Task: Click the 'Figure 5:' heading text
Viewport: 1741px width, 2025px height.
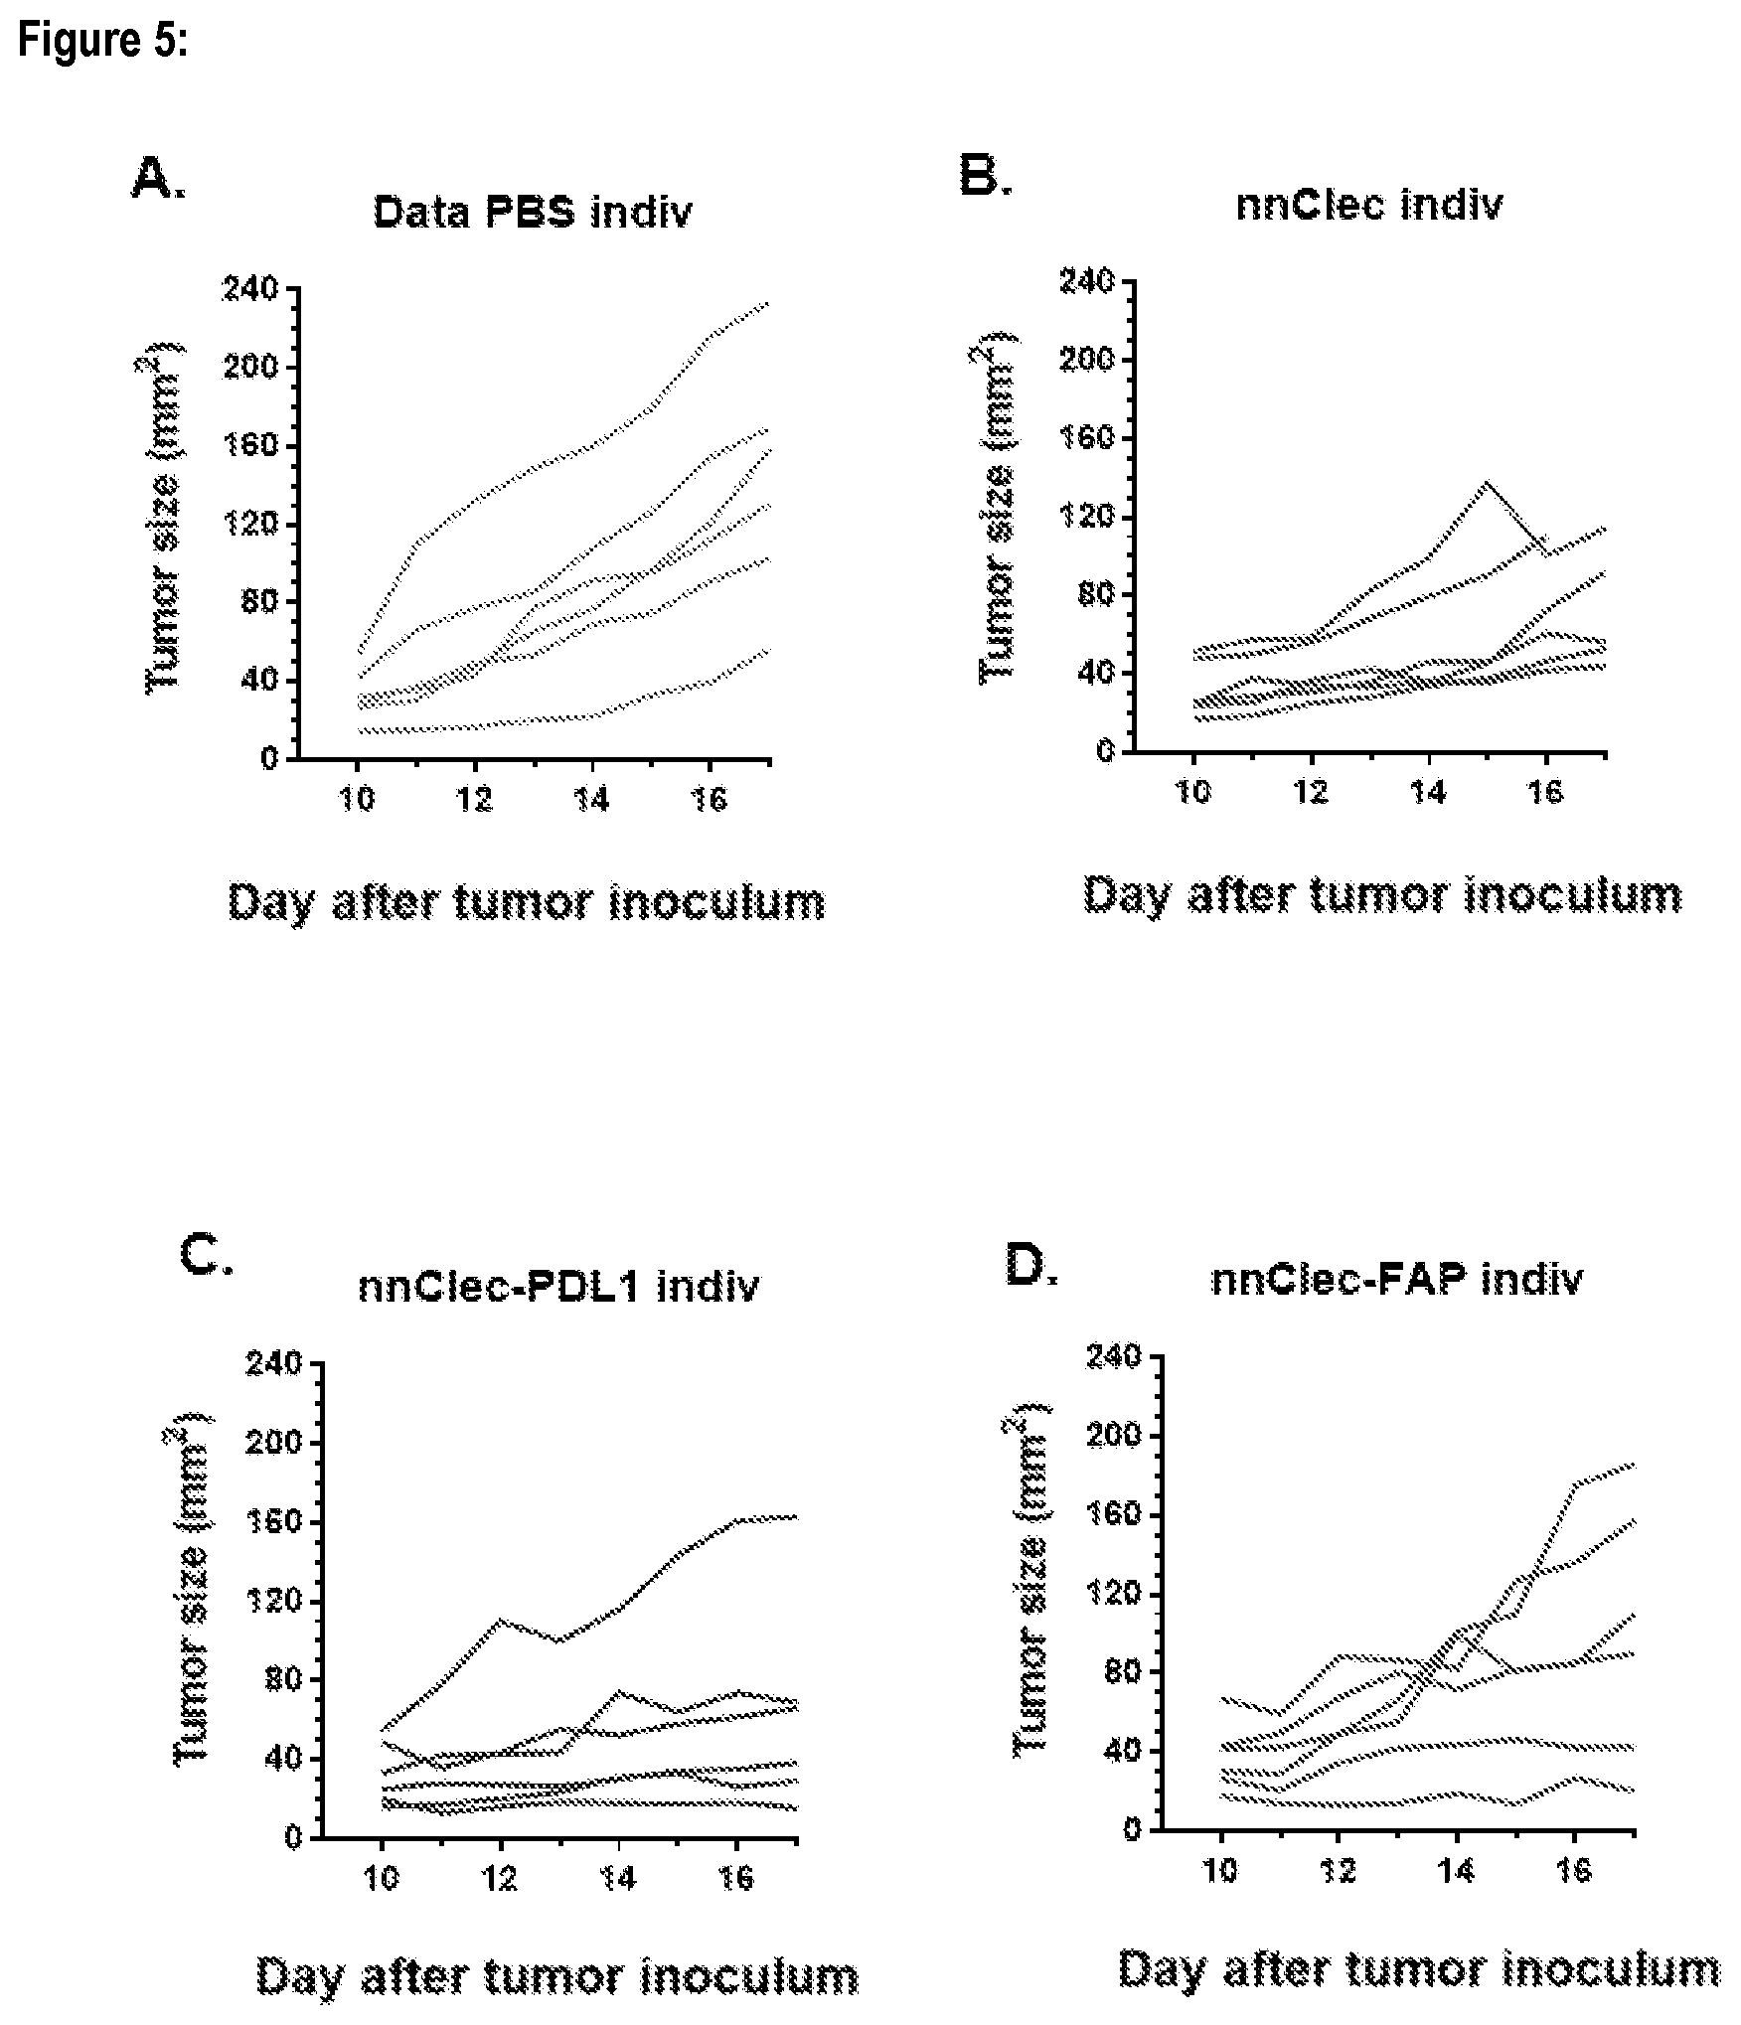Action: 102,42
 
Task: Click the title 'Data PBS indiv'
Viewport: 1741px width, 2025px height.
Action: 533,213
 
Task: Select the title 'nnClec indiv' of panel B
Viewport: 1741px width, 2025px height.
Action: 1369,205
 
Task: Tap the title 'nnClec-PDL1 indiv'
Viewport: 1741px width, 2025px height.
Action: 558,1287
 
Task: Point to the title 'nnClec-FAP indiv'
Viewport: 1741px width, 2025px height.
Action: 1396,1280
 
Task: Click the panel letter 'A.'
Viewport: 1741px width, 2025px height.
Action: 158,180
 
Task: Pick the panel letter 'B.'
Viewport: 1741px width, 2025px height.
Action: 985,176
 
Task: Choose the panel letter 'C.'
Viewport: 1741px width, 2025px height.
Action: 207,1256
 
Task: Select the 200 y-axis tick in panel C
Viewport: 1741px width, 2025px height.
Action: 278,1443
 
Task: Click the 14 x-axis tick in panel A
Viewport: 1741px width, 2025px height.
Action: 592,800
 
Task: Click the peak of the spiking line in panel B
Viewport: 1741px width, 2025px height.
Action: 1487,482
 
